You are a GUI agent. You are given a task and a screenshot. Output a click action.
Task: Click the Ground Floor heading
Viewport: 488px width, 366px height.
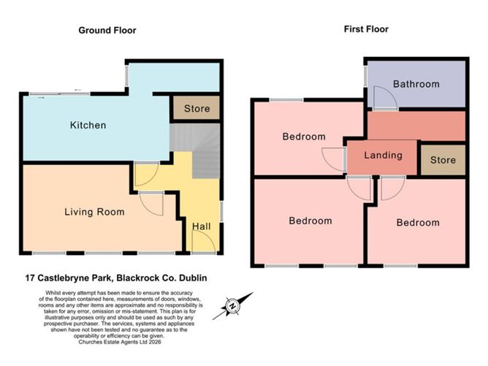(107, 30)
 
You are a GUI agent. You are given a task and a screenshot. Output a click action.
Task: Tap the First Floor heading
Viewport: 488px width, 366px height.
(366, 29)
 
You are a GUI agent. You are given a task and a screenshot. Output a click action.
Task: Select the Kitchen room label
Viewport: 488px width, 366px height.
(88, 125)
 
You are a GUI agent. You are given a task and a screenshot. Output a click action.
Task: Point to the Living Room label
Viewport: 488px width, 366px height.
(94, 212)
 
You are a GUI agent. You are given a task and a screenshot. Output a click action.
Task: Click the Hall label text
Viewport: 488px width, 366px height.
(202, 226)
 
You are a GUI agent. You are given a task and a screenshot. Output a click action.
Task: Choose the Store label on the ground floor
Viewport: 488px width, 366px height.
(196, 110)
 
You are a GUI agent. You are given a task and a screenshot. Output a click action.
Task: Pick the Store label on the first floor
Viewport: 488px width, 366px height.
(442, 160)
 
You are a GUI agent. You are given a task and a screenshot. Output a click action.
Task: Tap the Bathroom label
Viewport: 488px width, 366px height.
(416, 84)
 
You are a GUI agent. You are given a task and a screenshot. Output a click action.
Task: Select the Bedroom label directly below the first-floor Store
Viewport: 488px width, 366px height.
(418, 222)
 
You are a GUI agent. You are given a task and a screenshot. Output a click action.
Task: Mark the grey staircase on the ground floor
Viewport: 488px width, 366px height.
(195, 150)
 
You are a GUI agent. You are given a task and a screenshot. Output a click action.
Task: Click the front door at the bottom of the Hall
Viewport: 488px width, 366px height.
(205, 244)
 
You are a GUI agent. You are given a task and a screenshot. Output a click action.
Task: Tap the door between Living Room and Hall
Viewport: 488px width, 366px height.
(152, 203)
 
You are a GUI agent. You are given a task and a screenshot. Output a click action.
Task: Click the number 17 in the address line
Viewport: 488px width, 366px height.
(31, 278)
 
